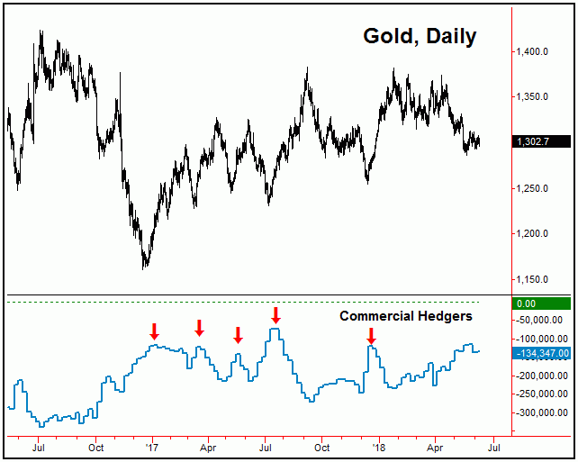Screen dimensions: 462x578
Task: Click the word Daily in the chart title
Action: tap(447, 37)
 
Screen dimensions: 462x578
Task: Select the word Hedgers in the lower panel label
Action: tap(444, 316)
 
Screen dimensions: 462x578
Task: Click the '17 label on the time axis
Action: tap(152, 446)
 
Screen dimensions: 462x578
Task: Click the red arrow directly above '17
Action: tap(154, 331)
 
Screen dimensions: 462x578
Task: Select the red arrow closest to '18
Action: tap(371, 336)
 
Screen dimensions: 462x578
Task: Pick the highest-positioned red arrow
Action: tap(275, 314)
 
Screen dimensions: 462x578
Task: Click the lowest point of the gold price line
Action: tap(145, 267)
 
